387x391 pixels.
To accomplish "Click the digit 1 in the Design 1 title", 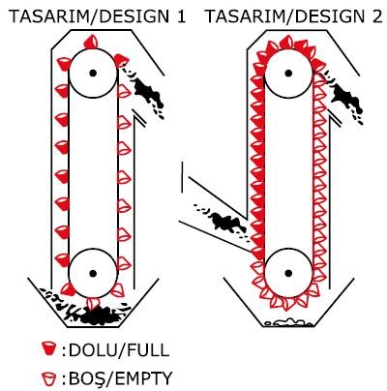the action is [182, 16].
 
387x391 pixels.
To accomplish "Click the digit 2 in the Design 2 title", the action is [376, 16].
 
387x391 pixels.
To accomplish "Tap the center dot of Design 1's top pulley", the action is [93, 73].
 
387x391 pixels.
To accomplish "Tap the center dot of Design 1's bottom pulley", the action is [93, 274].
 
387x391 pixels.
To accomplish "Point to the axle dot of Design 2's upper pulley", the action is [288, 73].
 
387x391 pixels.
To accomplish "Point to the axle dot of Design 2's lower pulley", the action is [288, 274].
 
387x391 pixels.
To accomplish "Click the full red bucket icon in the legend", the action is [49, 348].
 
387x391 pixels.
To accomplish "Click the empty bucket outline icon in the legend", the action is [49, 378].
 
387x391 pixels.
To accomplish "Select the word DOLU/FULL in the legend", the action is [119, 350].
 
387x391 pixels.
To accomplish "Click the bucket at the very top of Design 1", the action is [91, 42].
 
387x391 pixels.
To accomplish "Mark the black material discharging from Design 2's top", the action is [345, 97].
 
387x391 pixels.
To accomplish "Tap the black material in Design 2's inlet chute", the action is [224, 223].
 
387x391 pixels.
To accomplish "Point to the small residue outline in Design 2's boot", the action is [287, 322].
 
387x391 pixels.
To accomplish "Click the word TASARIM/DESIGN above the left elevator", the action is [90, 16].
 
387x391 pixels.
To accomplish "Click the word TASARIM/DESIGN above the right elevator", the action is [285, 16].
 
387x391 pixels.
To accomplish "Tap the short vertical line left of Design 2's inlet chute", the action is [182, 177].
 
